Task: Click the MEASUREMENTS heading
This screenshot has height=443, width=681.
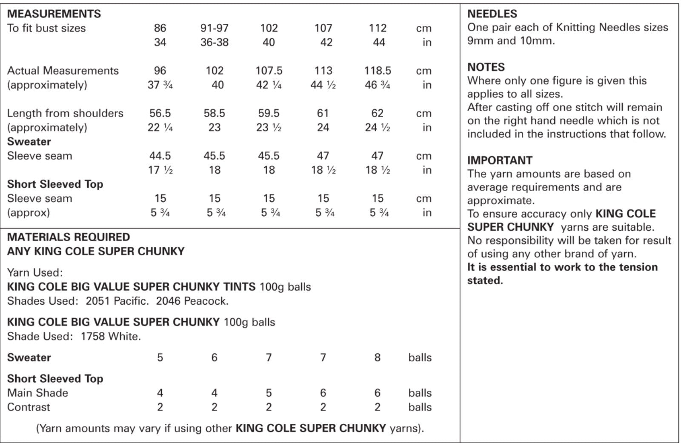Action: click(54, 14)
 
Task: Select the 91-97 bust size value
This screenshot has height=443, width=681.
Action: click(214, 29)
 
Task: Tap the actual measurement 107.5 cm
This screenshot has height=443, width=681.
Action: click(269, 71)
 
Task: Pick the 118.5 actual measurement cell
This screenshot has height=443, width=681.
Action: click(377, 71)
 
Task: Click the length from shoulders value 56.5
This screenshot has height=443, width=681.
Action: click(160, 114)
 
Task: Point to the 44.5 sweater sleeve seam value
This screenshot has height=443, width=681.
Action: click(160, 156)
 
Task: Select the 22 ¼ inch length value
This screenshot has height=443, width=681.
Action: click(160, 128)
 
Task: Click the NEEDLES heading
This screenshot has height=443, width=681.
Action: click(492, 14)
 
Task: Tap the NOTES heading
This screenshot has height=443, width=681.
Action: click(486, 67)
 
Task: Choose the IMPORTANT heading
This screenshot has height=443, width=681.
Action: click(500, 160)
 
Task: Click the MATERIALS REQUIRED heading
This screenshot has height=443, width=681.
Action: click(69, 237)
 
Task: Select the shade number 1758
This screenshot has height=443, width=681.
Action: click(92, 337)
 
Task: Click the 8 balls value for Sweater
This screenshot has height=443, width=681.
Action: click(377, 357)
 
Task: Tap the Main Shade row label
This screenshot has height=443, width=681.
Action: click(37, 393)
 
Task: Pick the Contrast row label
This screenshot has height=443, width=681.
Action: click(29, 407)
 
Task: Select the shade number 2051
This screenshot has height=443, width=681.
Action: click(97, 301)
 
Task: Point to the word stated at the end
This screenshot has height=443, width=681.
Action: click(485, 280)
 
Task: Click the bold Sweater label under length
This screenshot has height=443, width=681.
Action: click(29, 142)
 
